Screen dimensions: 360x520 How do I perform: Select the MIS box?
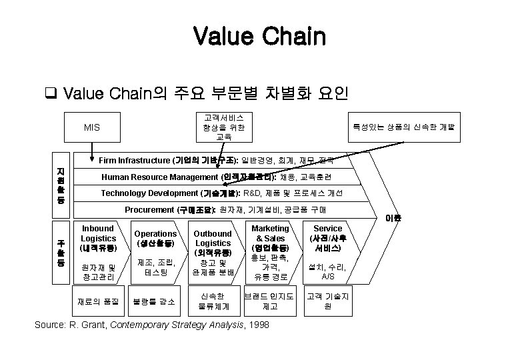(x=93, y=127)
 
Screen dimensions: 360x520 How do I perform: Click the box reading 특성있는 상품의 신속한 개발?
(x=403, y=127)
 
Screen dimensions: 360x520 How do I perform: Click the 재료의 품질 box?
(x=97, y=301)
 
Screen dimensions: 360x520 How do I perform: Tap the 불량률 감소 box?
(x=155, y=301)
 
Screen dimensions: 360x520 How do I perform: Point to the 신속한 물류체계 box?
(x=213, y=301)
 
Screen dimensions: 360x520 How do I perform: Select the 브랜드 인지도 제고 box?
(x=270, y=301)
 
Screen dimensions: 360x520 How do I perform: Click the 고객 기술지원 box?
(x=327, y=301)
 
